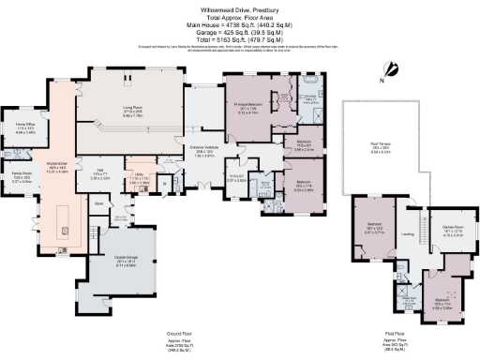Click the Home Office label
coord(24,126)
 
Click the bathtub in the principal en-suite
coord(309,96)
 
